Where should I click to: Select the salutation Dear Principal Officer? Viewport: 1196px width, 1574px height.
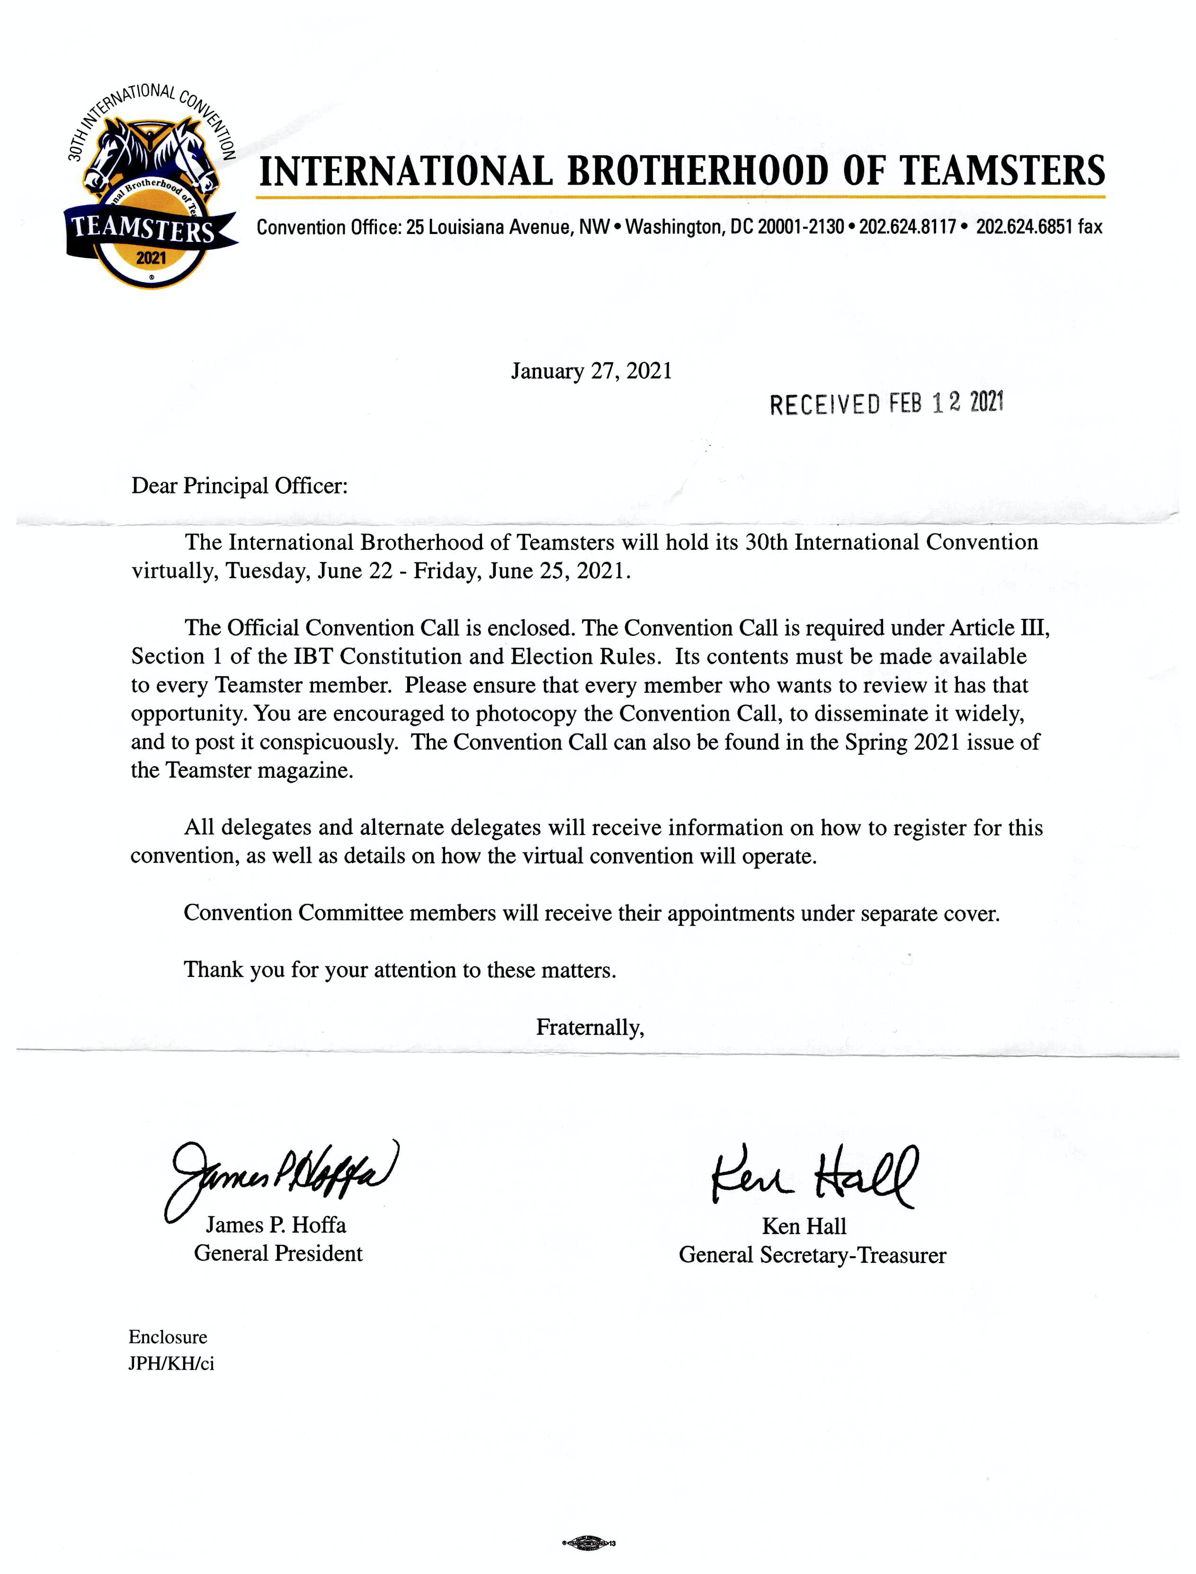click(x=239, y=486)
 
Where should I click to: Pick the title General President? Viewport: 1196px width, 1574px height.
click(x=278, y=1253)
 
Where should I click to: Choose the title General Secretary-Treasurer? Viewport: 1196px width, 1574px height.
click(x=812, y=1255)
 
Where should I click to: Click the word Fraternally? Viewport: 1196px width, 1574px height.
click(x=590, y=1027)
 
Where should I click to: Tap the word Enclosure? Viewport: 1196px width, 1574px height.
click(x=168, y=1337)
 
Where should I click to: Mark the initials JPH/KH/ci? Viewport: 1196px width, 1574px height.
click(x=171, y=1364)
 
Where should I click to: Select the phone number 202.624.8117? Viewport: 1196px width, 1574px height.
click(x=907, y=227)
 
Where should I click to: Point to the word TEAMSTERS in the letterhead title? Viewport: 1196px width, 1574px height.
click(x=1002, y=171)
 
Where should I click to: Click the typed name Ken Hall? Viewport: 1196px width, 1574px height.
click(x=804, y=1226)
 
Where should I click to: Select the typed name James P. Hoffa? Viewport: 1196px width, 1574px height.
click(x=276, y=1225)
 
